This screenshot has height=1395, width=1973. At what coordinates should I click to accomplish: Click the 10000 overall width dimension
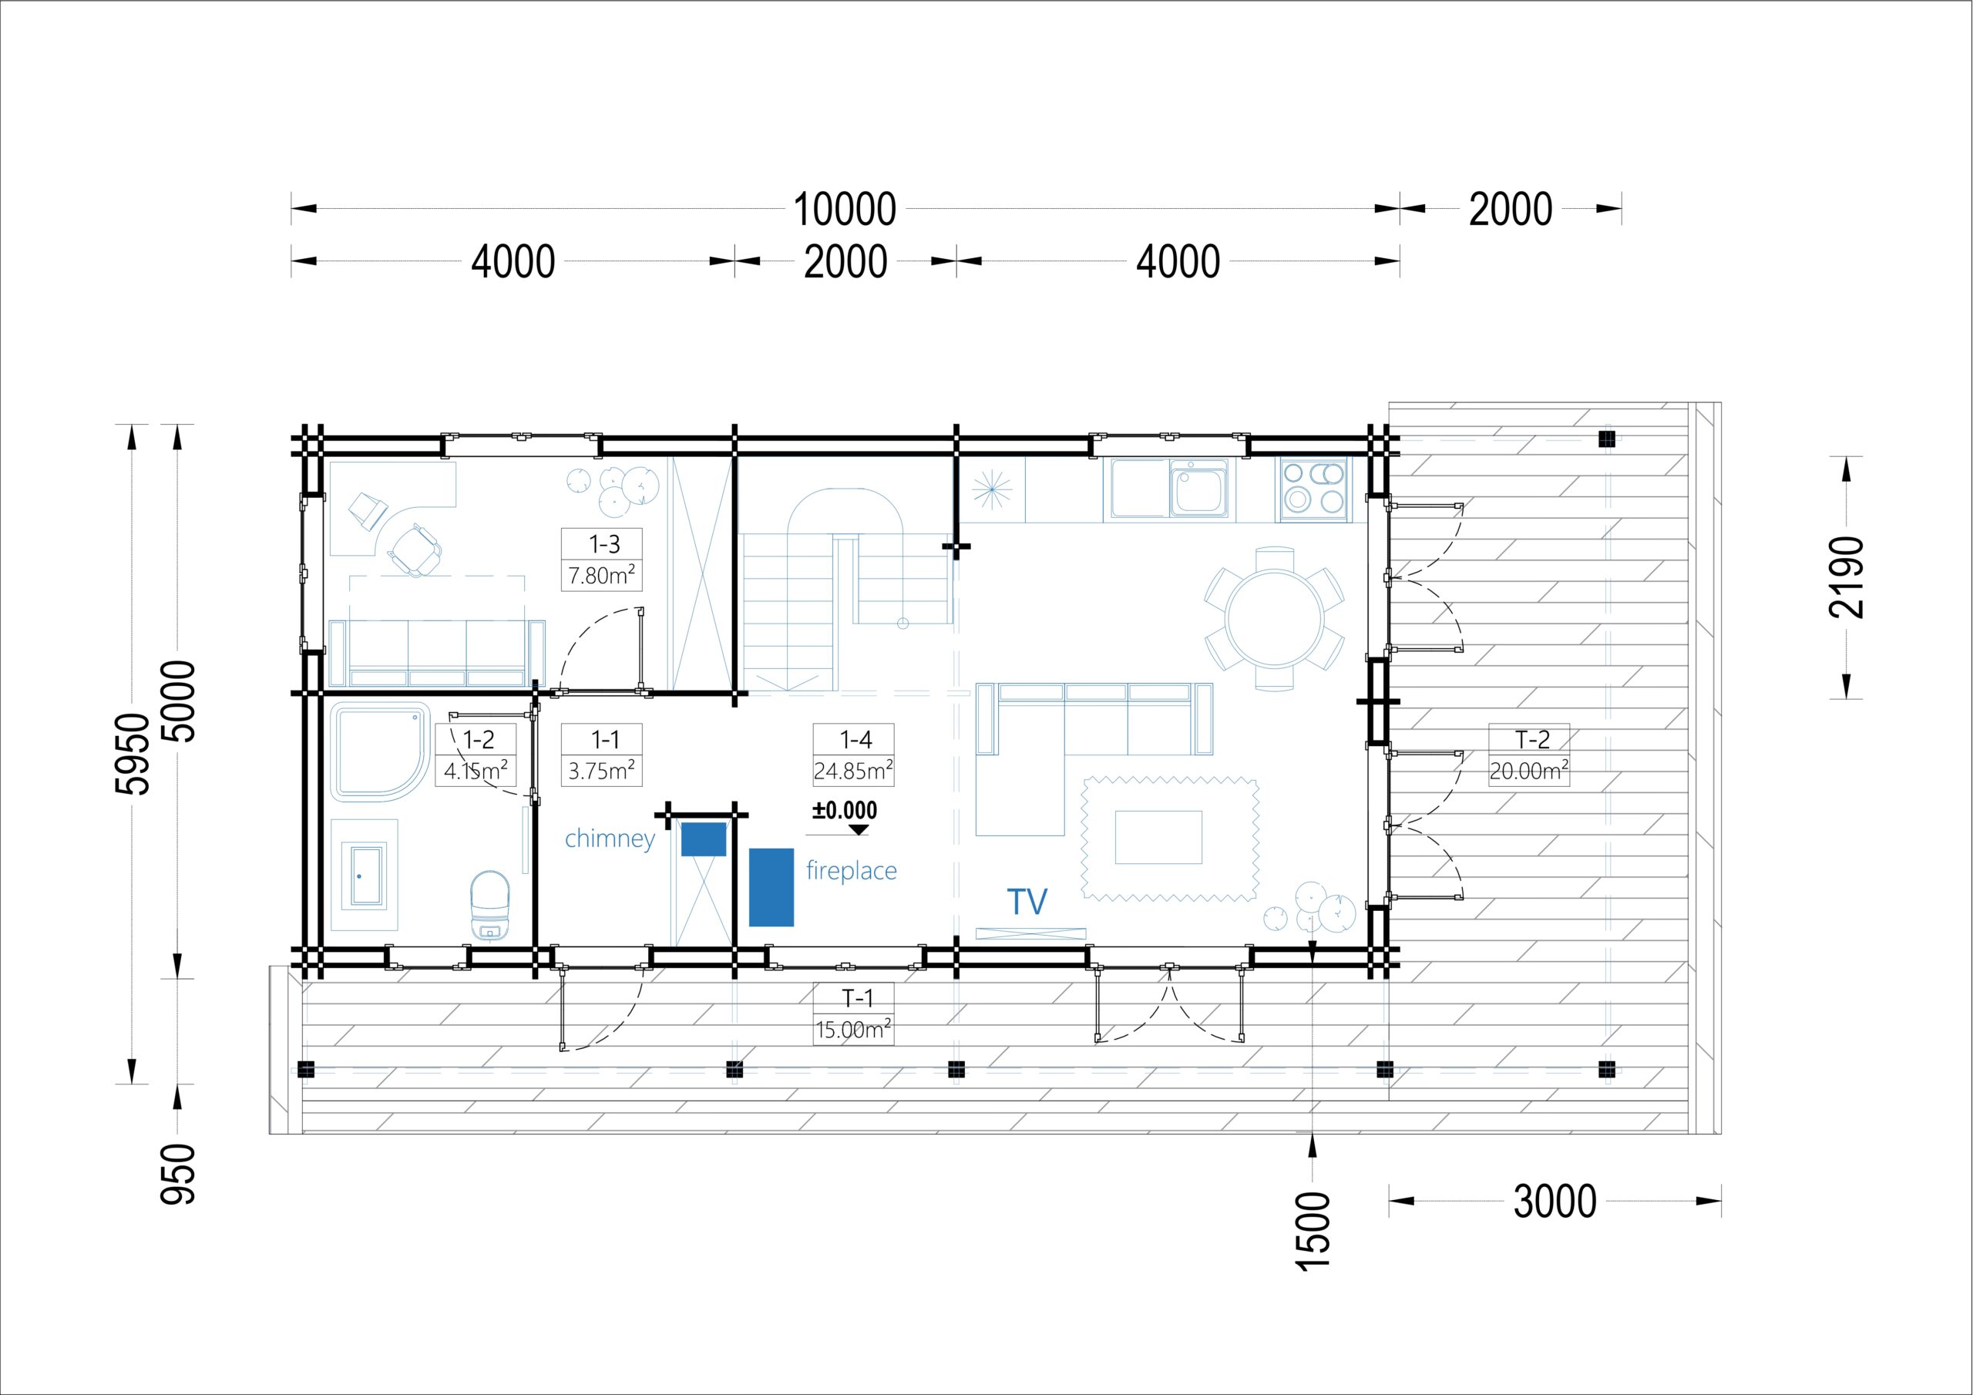[x=845, y=210]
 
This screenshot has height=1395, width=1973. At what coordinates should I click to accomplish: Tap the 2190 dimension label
[x=1847, y=576]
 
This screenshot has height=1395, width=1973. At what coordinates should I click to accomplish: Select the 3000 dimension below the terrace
[x=1555, y=1202]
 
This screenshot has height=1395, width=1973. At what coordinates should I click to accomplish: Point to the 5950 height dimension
[x=133, y=754]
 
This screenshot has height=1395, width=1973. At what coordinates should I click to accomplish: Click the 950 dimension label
[x=179, y=1174]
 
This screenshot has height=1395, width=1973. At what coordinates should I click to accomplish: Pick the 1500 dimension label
[x=1313, y=1230]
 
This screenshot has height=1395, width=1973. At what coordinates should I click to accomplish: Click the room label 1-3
[x=604, y=544]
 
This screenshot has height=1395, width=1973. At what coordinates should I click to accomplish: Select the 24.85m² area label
[x=853, y=770]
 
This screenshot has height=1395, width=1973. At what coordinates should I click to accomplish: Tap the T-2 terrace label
[x=1532, y=739]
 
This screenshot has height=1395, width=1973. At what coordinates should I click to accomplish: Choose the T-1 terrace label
[x=857, y=998]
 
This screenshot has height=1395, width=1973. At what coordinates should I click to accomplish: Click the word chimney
[x=610, y=838]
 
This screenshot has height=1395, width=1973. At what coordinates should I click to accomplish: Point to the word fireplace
[x=851, y=871]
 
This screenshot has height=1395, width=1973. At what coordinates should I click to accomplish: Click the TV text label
[x=1027, y=902]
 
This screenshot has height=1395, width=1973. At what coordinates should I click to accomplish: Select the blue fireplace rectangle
[x=771, y=887]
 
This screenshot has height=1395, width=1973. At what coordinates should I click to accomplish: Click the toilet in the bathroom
[x=490, y=905]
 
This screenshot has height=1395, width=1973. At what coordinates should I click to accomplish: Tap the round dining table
[x=1275, y=618]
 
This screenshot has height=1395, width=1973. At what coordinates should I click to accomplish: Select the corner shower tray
[x=381, y=752]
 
